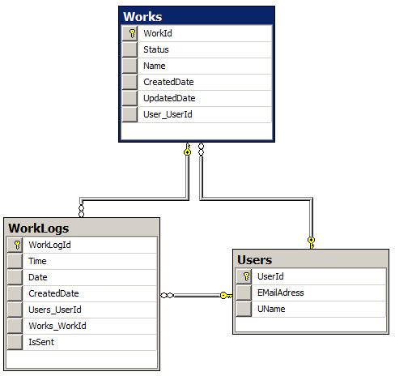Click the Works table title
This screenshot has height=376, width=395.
click(x=143, y=17)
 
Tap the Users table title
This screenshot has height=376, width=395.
click(x=255, y=260)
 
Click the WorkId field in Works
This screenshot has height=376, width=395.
click(x=157, y=33)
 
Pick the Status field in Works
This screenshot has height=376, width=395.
click(x=155, y=49)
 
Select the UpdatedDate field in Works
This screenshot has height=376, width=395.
click(x=168, y=98)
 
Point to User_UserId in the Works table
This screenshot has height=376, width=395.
click(x=168, y=114)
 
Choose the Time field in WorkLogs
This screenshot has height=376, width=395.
click(x=37, y=261)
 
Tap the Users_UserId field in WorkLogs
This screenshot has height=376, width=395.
click(x=55, y=310)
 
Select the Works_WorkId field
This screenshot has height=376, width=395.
click(x=57, y=326)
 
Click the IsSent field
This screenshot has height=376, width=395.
click(x=42, y=342)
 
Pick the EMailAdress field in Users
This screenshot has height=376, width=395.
click(x=280, y=293)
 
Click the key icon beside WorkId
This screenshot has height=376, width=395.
click(x=130, y=33)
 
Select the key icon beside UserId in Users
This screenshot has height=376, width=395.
click(x=245, y=276)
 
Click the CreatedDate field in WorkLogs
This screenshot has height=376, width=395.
click(x=53, y=293)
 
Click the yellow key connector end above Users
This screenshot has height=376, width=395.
click(x=311, y=240)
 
